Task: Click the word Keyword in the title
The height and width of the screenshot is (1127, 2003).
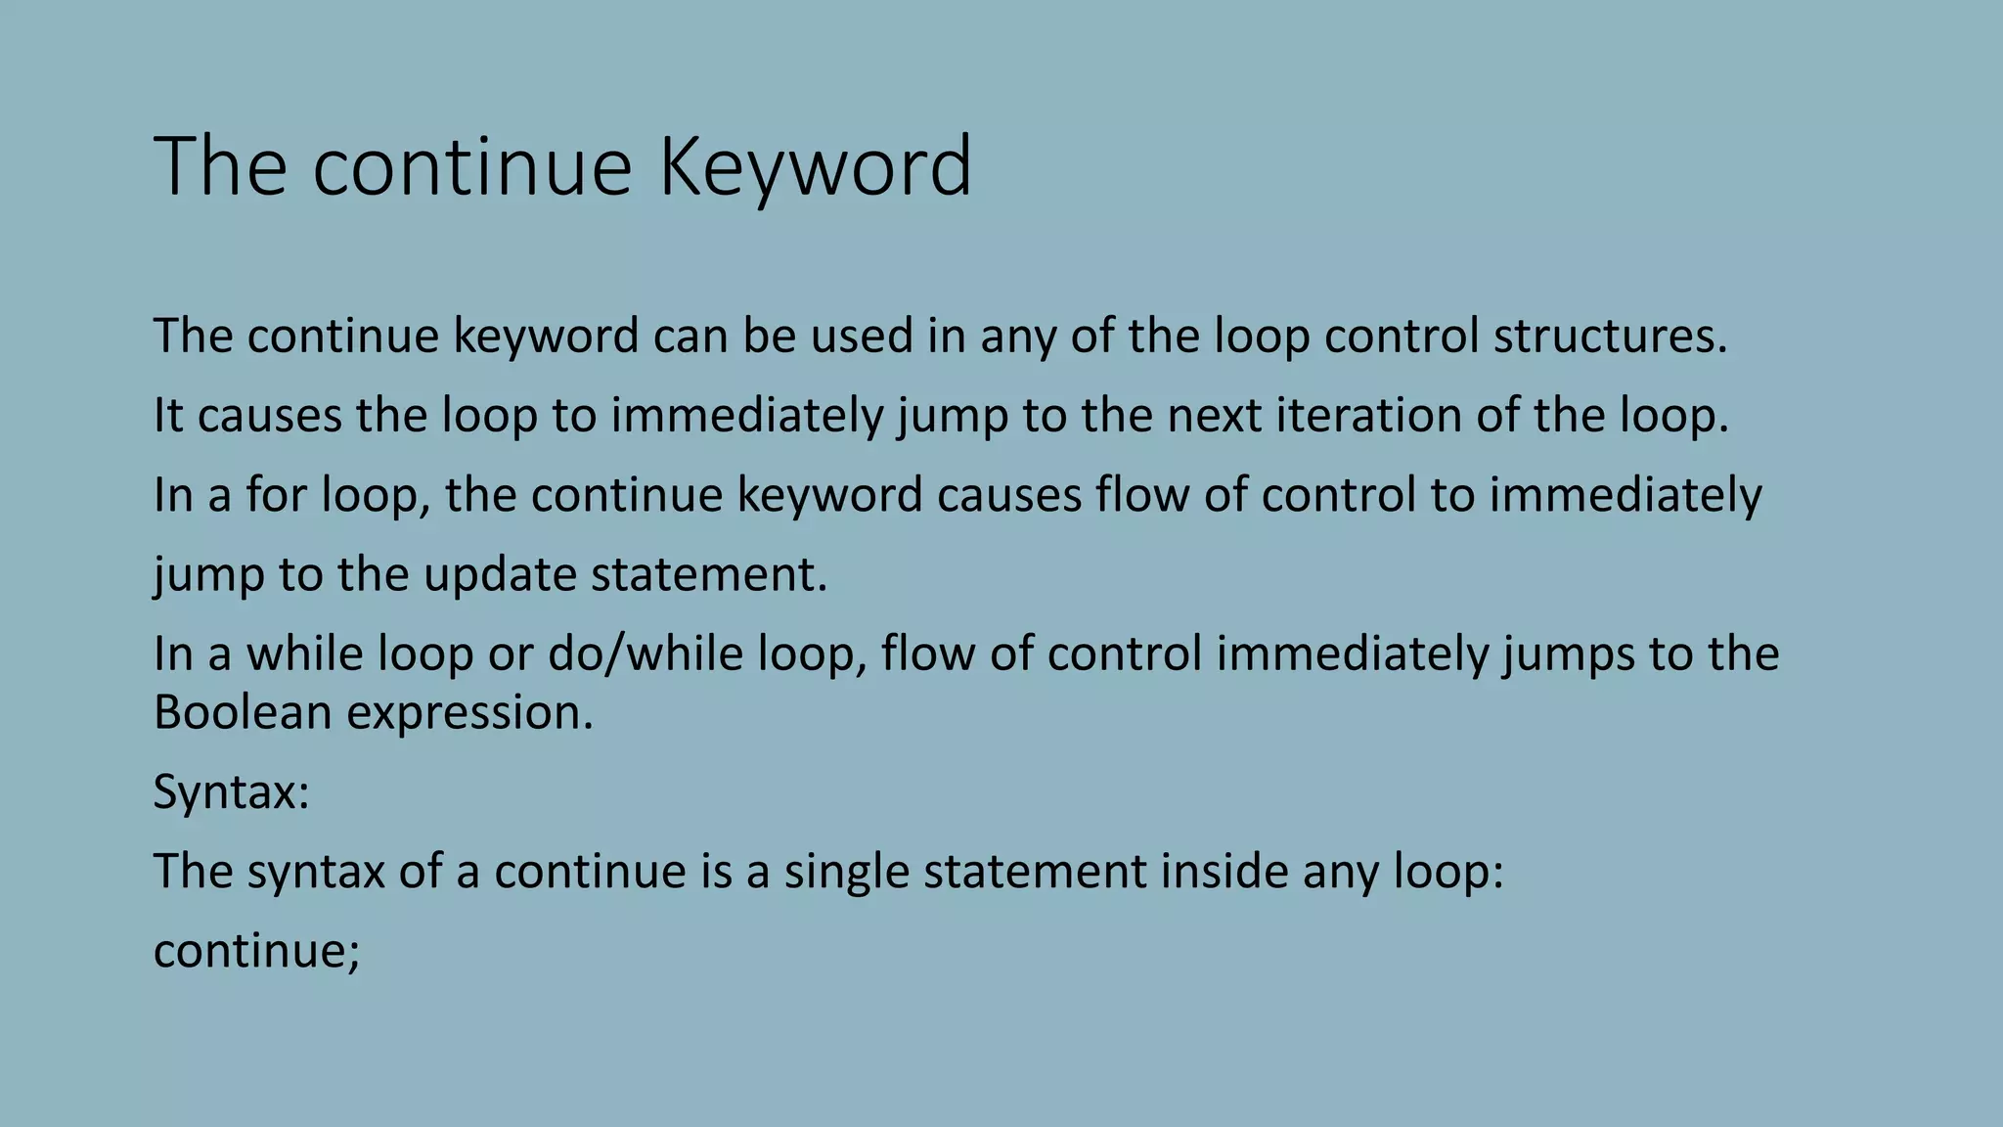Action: [815, 168]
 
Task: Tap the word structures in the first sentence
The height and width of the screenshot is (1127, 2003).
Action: [1610, 336]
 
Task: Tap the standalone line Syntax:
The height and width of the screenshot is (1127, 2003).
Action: [231, 791]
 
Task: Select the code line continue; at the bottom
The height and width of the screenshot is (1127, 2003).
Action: [256, 950]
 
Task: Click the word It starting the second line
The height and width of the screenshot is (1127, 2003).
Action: [168, 415]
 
